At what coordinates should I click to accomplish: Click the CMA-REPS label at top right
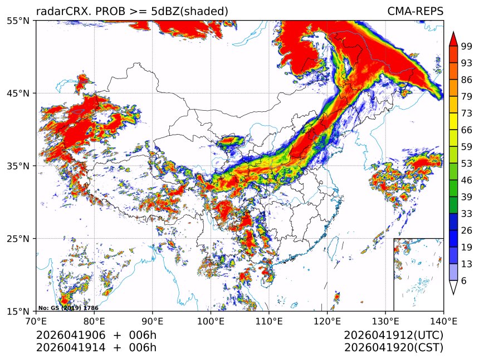tap(415, 11)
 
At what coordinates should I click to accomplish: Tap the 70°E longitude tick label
tap(36, 320)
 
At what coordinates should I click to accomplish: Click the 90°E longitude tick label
tap(153, 320)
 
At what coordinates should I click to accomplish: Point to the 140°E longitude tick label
tap(443, 320)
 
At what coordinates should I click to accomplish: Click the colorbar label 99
tap(467, 46)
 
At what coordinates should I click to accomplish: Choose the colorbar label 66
tap(467, 130)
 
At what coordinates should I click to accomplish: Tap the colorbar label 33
tap(467, 214)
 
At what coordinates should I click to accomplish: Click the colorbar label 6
tap(464, 281)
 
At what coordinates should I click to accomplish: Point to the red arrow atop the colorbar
tap(453, 38)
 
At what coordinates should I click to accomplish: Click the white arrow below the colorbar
tap(453, 287)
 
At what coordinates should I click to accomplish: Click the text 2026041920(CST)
tap(393, 348)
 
